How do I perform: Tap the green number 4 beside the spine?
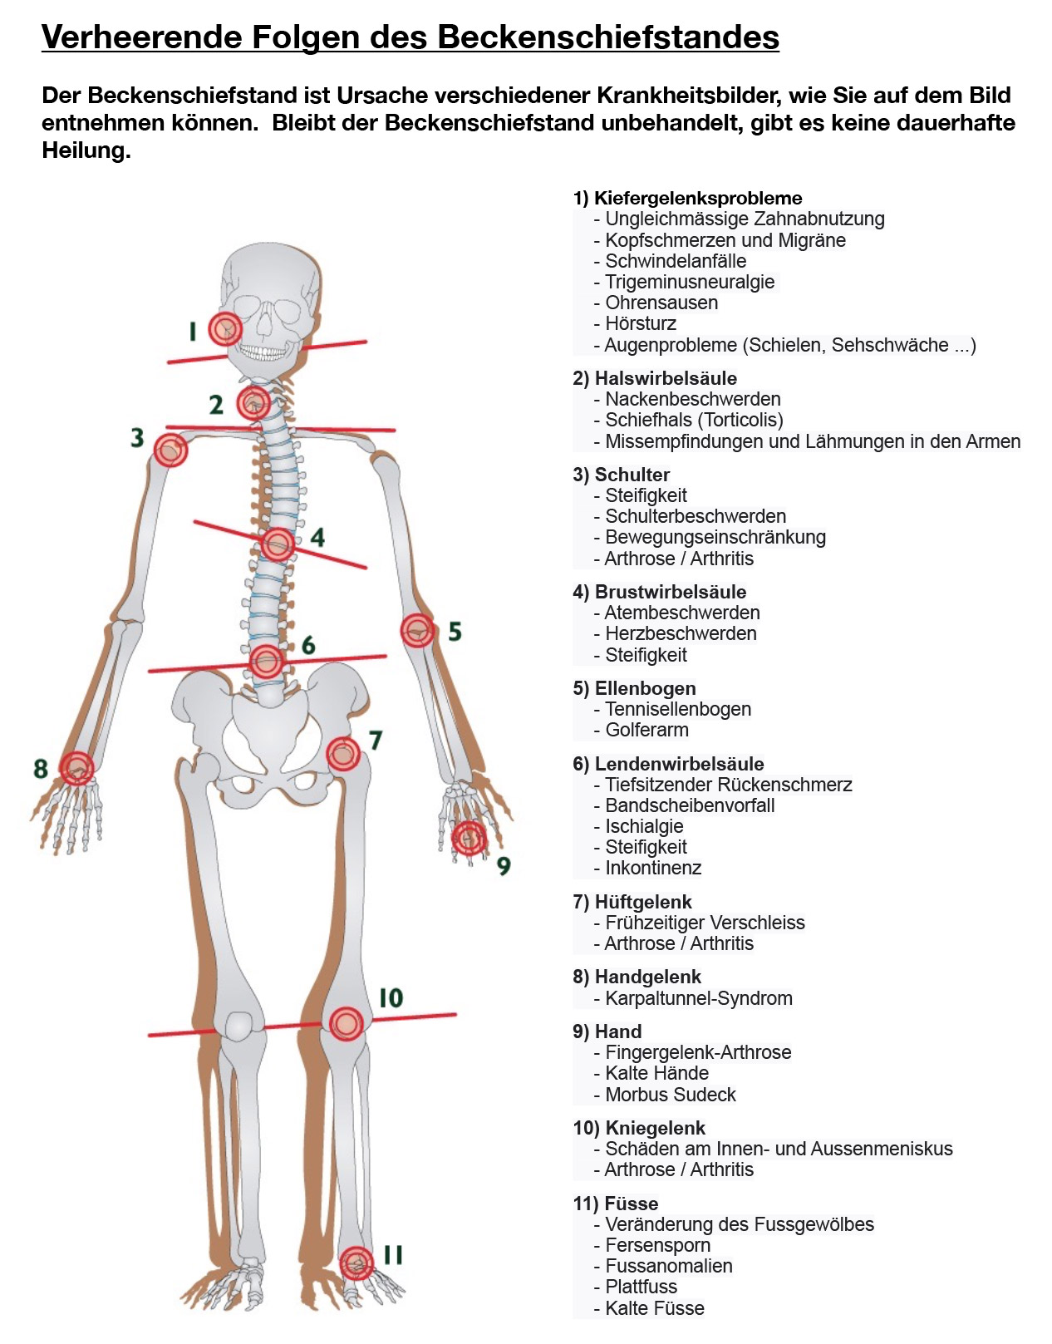[317, 537]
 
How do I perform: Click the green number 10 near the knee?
[391, 997]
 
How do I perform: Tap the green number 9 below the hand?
[504, 866]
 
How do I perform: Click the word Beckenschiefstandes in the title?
[608, 37]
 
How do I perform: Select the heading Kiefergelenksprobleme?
[698, 198]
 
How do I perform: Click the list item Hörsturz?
[641, 323]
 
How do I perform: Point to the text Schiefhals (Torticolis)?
[694, 420]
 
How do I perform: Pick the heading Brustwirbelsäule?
[671, 592]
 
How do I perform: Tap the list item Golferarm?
[646, 730]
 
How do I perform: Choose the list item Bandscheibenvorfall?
[690, 805]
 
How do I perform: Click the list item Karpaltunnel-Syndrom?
[699, 998]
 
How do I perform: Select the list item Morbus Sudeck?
[671, 1094]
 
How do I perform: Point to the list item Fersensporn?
[657, 1244]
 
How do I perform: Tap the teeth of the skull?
[263, 352]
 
